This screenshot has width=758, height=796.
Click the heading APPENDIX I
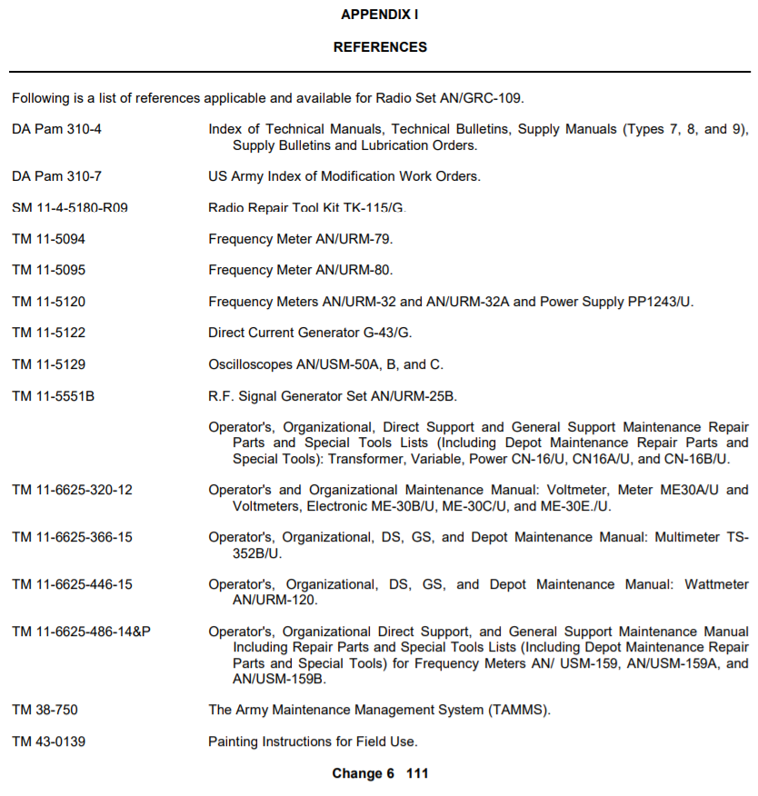tap(379, 15)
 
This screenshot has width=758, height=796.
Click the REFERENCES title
tap(380, 46)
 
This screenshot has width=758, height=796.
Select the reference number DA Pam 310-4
tap(57, 129)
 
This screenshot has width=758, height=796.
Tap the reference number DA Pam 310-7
tap(57, 175)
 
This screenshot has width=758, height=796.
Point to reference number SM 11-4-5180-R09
tap(70, 207)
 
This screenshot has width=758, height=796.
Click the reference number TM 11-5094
tap(49, 239)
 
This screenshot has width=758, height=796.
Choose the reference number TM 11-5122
tap(49, 333)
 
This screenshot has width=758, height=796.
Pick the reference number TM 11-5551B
tap(53, 395)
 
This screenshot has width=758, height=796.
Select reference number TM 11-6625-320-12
tap(72, 490)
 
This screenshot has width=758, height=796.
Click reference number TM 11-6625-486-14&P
tap(81, 631)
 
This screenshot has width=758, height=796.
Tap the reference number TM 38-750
tap(45, 709)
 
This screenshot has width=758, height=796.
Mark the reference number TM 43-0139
tap(49, 741)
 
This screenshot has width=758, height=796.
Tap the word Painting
tap(234, 741)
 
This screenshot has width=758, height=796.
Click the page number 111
tap(417, 773)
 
